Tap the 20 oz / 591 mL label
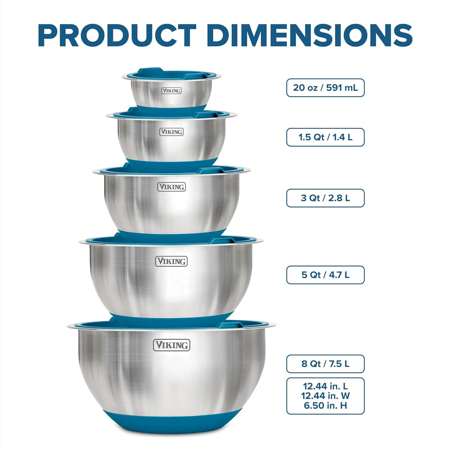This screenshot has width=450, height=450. (325, 88)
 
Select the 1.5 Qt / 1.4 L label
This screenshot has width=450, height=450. (325, 137)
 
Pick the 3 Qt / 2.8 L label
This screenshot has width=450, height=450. (325, 198)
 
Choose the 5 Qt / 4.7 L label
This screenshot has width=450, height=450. (325, 275)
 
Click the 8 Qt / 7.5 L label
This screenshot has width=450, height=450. (325, 364)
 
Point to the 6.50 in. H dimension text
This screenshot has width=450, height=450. (325, 406)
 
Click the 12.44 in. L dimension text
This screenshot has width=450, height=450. (325, 386)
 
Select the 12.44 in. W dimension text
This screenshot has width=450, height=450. (325, 396)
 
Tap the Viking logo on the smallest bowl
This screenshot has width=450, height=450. (171, 91)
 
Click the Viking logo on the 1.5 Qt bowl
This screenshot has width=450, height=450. (171, 132)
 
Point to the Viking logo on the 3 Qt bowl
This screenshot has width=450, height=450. (171, 187)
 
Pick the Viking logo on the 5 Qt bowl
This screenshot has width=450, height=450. (171, 261)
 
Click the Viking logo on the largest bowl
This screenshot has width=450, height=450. (171, 345)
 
